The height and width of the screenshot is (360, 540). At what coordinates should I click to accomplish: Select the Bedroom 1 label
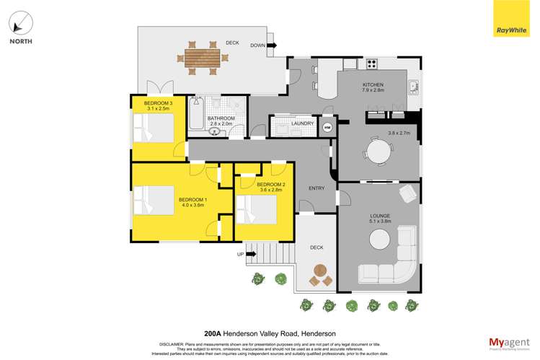192,199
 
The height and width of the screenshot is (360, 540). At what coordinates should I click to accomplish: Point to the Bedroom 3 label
157,104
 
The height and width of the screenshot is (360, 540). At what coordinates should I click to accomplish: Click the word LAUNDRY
302,123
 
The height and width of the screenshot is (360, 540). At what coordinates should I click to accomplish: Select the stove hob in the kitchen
372,63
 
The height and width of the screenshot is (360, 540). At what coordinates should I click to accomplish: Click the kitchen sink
414,87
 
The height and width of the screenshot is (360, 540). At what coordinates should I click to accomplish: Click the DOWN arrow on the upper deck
272,45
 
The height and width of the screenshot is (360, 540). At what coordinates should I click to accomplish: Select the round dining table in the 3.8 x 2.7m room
379,152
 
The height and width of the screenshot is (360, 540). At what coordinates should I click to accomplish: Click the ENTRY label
317,188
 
